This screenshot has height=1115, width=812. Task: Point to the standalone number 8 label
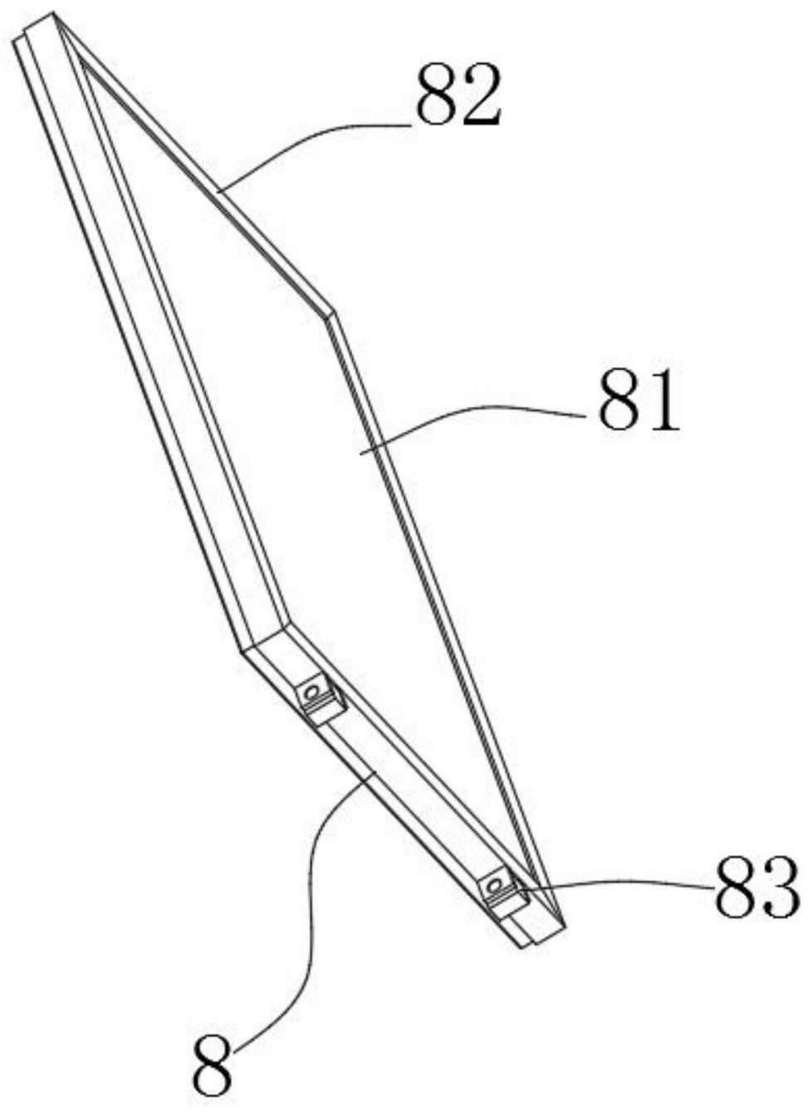213,1065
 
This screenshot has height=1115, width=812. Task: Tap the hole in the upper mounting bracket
313,690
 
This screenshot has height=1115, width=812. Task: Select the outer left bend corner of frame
242,650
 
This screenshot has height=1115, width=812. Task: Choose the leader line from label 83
614,885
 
